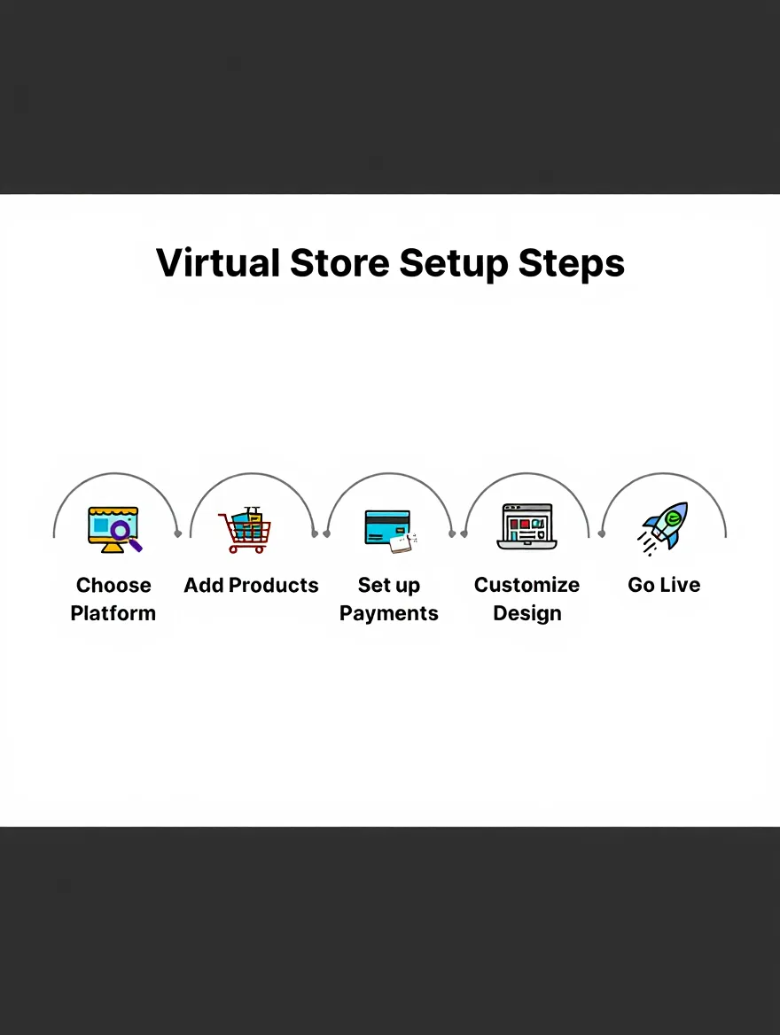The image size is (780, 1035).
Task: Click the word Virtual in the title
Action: click(218, 263)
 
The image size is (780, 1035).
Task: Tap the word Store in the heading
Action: click(340, 263)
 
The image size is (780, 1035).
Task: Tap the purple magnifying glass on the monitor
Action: click(122, 533)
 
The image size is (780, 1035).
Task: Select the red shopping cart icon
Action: click(246, 531)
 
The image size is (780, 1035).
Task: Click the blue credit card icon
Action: click(387, 526)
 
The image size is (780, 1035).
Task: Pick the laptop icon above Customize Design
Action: click(526, 526)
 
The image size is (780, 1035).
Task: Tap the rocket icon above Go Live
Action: click(665, 527)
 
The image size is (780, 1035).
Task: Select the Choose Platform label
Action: click(113, 599)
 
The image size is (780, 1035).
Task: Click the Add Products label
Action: click(251, 585)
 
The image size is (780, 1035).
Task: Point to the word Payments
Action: click(389, 613)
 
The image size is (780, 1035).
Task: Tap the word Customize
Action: click(526, 585)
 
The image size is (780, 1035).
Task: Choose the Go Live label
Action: click(664, 585)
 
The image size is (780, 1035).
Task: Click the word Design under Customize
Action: click(527, 613)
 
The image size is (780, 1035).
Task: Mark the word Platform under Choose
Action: click(113, 613)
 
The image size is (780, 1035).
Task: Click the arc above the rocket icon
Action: click(664, 473)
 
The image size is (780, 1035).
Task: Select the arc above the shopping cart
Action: click(252, 473)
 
